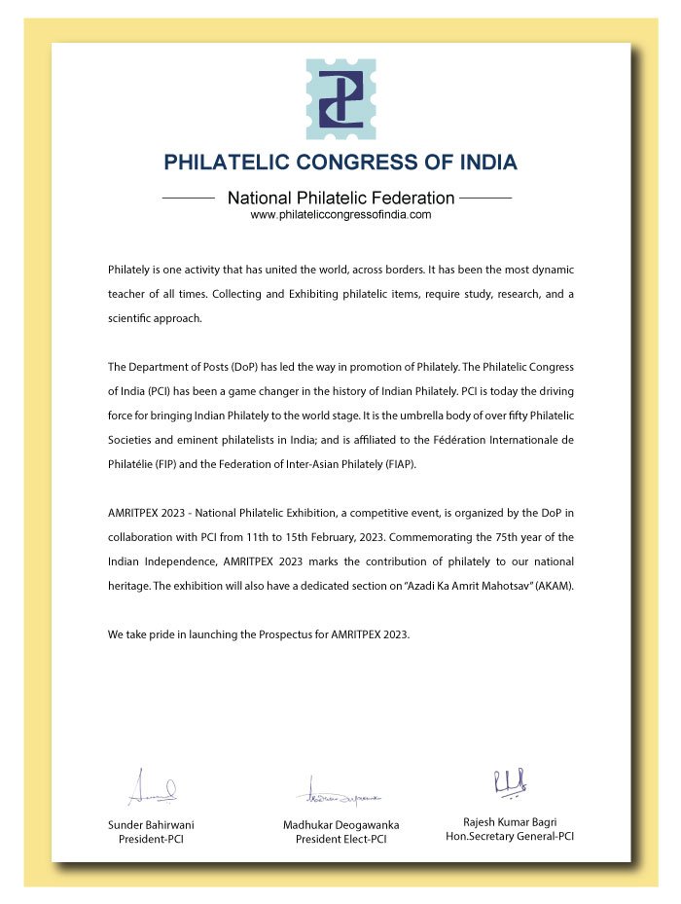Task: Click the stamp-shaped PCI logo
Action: pos(340,99)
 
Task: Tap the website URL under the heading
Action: pos(340,215)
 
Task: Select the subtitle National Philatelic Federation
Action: pos(340,198)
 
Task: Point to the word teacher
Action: pos(128,294)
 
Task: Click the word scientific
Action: pos(131,319)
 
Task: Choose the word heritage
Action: pos(128,587)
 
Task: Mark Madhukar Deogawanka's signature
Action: pos(340,793)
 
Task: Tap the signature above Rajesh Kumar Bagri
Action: pos(510,781)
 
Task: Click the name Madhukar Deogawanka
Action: pos(340,825)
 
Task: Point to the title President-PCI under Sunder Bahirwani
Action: pos(151,839)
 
